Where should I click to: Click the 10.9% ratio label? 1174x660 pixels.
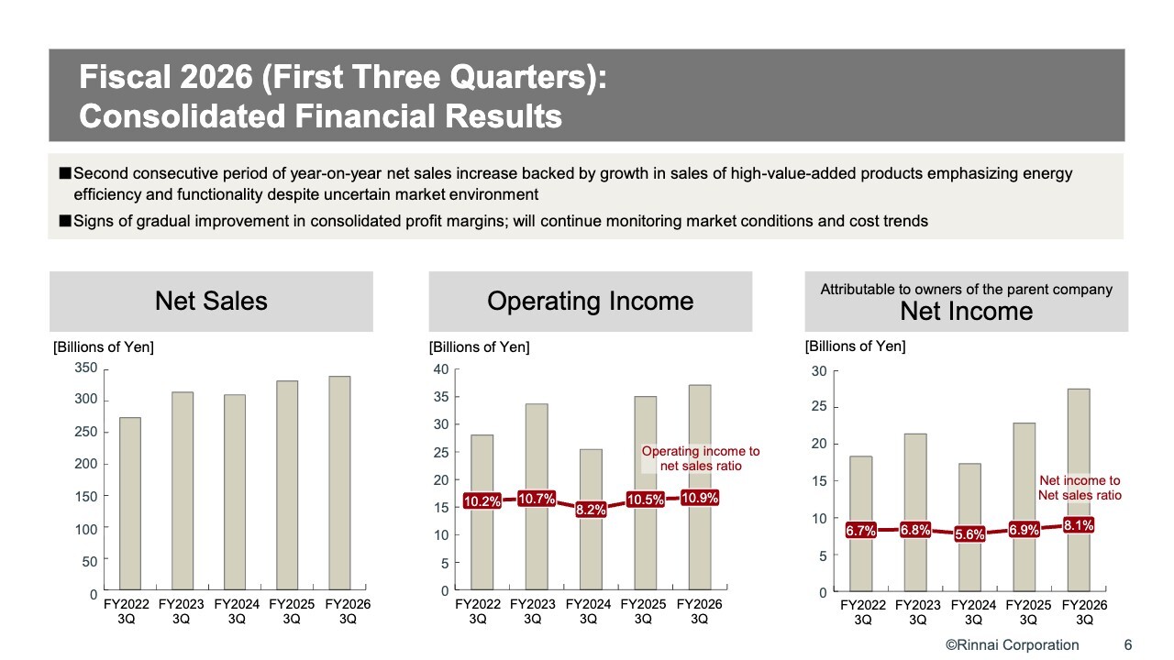700,498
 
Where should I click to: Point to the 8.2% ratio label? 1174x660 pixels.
591,510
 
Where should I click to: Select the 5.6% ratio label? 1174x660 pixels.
969,534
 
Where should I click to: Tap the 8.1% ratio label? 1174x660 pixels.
1079,526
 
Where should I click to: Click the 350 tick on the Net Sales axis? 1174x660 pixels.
85,368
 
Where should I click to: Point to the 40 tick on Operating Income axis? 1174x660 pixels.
440,369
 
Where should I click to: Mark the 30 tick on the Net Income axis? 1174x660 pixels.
818,371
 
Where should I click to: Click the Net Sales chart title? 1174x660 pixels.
211,301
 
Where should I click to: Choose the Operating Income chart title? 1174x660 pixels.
590,301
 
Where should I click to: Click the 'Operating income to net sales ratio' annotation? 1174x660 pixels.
701,458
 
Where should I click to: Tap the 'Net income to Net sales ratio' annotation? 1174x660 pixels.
1080,488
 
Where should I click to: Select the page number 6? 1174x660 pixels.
1128,644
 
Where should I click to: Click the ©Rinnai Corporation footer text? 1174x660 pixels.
1012,644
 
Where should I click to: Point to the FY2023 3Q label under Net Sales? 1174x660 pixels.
182,611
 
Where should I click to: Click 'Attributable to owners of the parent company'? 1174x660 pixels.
966,290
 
